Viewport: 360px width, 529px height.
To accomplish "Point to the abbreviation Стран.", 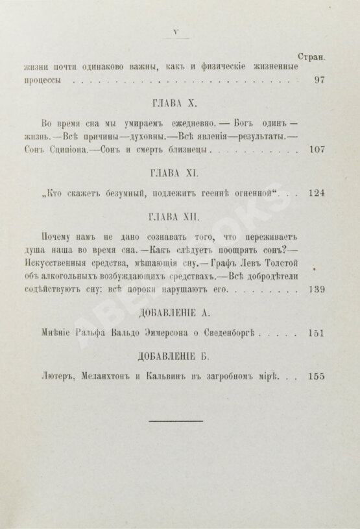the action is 310,56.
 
